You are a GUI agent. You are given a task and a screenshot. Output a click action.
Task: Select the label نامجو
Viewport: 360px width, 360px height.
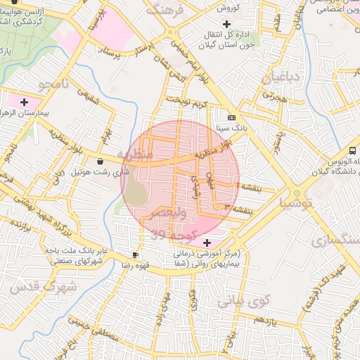click(56, 86)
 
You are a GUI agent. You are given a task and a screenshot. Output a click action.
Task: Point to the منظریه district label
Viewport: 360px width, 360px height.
click(134, 154)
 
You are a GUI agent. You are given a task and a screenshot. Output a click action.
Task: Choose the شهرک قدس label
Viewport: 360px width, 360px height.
click(32, 287)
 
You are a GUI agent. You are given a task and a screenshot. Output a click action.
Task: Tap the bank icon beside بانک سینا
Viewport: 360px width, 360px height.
click(231, 117)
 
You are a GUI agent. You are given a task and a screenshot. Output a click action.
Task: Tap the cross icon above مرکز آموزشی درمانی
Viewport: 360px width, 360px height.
click(205, 241)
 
